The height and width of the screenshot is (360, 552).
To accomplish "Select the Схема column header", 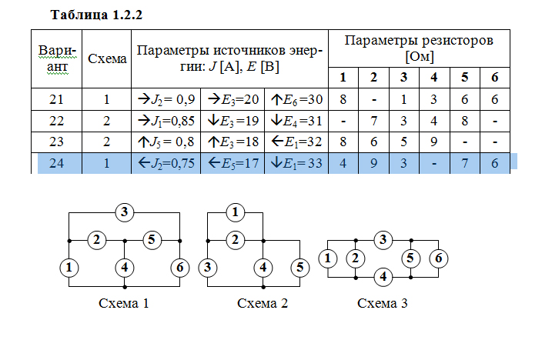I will click(x=108, y=59).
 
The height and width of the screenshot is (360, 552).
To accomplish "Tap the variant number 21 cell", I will click(x=56, y=99).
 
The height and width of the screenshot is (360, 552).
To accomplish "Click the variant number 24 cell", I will click(x=56, y=163).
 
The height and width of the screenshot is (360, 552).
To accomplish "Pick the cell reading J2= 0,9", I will click(x=166, y=99).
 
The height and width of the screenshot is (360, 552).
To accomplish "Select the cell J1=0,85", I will click(x=166, y=121).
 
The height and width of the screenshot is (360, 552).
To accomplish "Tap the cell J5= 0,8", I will click(x=166, y=142).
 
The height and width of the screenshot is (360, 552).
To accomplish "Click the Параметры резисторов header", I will click(x=418, y=48).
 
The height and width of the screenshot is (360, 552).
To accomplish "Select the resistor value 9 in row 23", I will click(x=433, y=142).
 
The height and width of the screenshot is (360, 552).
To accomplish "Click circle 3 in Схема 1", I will click(x=125, y=212).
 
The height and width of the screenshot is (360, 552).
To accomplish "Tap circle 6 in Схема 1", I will click(x=180, y=267).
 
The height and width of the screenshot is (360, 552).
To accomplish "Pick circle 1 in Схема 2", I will click(x=236, y=212).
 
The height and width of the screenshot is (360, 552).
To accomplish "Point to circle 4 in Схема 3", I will click(x=383, y=276).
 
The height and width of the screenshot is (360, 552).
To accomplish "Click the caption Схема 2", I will click(x=263, y=303).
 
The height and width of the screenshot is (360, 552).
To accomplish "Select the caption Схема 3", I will click(x=383, y=303).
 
